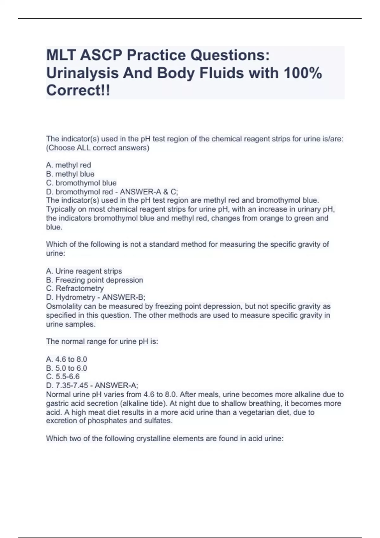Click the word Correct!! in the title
click(78, 91)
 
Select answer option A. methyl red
click(68, 165)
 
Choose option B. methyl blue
click(70, 174)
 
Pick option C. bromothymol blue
click(81, 183)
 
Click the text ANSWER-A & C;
click(149, 192)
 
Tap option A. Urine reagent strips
click(84, 271)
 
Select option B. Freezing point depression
click(94, 280)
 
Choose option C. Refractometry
click(75, 288)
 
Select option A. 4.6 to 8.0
click(66, 359)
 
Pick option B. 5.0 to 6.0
click(66, 368)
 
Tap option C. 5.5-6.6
click(63, 377)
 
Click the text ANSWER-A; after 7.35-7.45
click(116, 385)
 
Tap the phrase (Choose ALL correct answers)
click(98, 148)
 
